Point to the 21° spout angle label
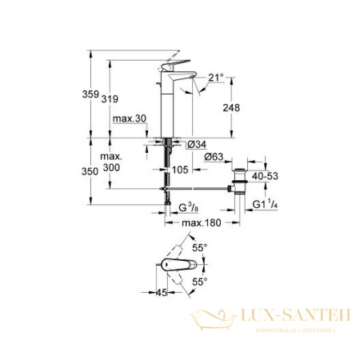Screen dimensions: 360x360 click(217, 77)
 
